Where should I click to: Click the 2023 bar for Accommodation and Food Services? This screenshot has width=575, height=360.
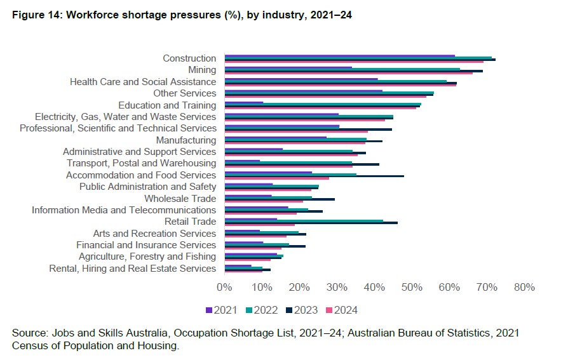coord(315,176)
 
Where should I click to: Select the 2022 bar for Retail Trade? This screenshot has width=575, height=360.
coord(304,220)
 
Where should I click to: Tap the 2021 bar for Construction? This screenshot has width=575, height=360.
coord(340,56)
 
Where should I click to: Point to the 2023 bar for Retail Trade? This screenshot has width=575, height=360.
coord(311,223)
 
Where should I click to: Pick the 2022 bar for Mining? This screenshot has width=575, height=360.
coord(342,69)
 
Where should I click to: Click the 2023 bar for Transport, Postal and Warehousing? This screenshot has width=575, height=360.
coord(302,164)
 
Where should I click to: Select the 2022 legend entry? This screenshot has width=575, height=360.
coord(262,310)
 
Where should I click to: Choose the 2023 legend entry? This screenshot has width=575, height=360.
coord(302,310)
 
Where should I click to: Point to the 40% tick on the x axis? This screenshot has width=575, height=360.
coord(374,287)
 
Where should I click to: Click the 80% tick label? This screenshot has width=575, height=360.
coord(524,287)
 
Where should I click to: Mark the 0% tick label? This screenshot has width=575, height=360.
coord(224,287)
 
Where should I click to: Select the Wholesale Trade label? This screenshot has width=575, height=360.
coord(180,198)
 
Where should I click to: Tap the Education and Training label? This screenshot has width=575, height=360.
coord(167,105)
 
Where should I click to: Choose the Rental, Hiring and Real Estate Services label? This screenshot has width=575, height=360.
coord(132,269)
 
